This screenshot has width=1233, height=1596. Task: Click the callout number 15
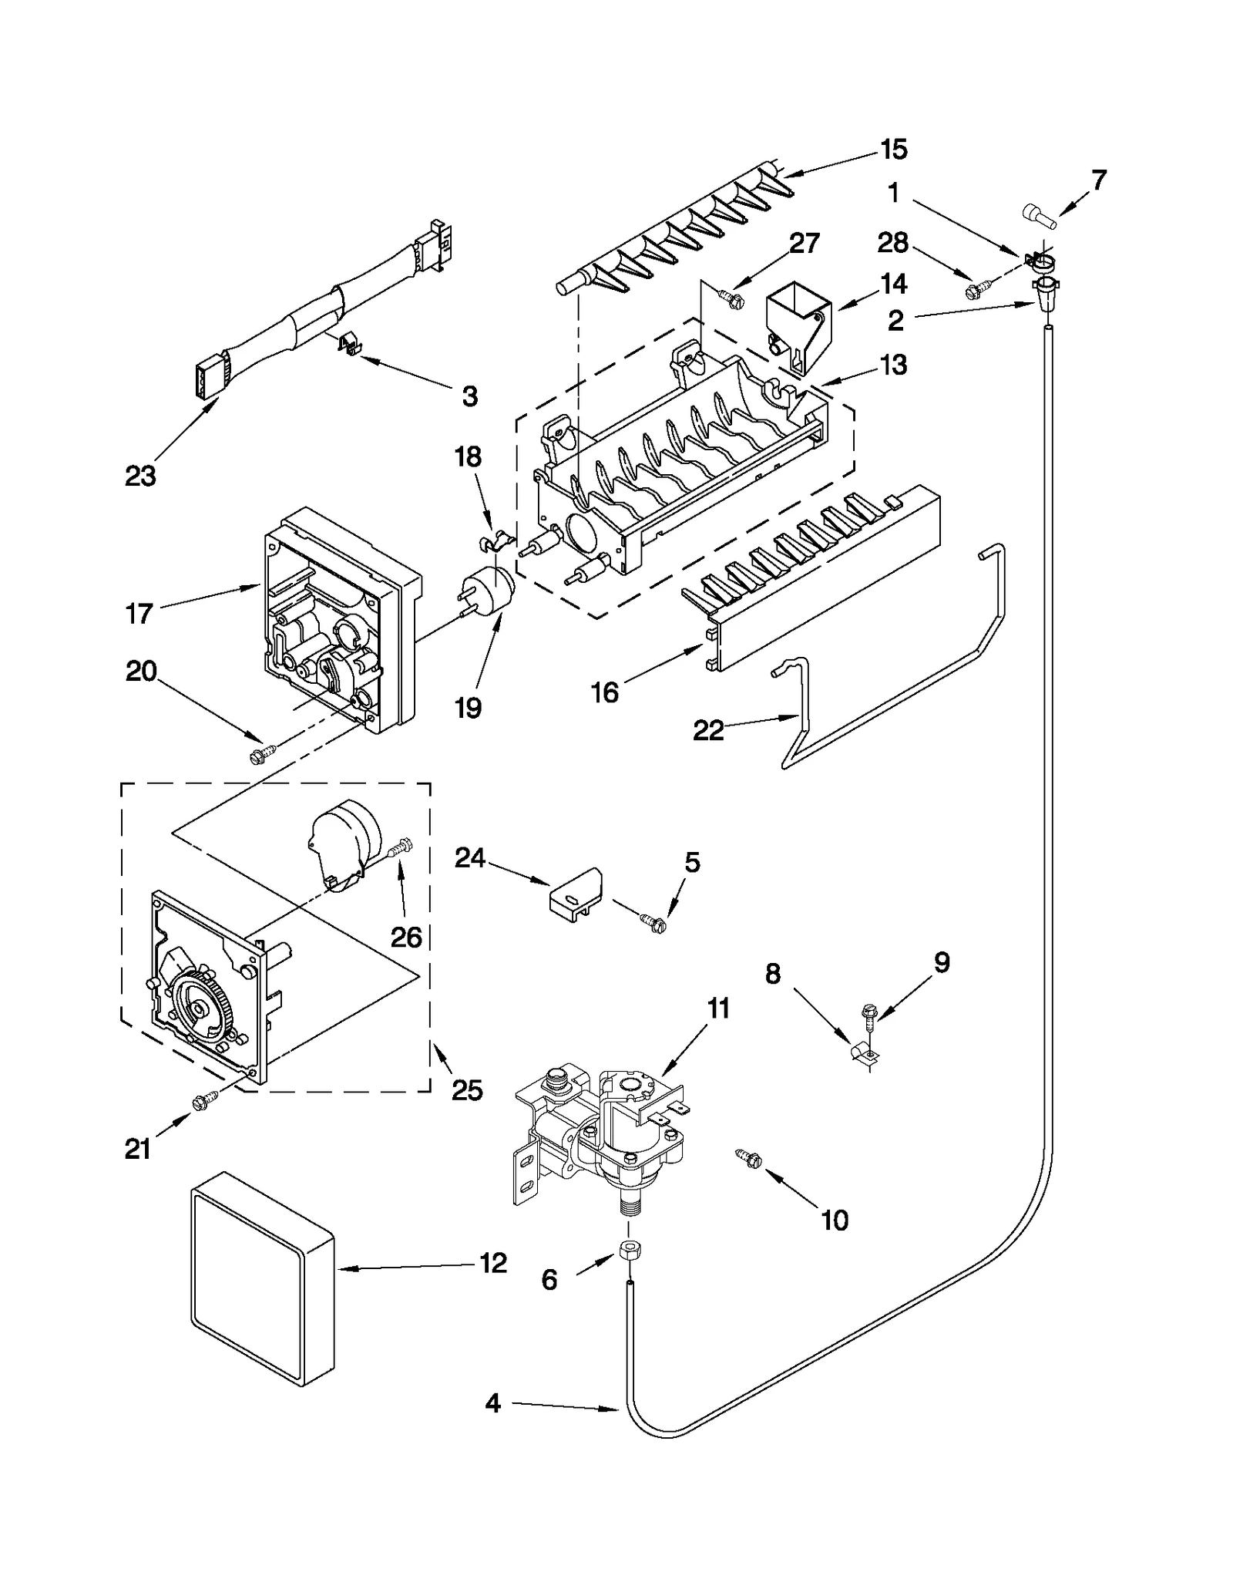click(894, 149)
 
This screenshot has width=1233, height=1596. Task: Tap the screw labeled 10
click(749, 1179)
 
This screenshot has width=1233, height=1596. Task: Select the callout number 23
click(140, 476)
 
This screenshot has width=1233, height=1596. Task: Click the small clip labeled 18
click(494, 540)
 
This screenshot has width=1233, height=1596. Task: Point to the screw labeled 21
click(205, 1104)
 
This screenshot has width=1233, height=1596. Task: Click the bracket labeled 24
click(574, 894)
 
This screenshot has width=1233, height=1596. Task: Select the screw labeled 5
click(653, 921)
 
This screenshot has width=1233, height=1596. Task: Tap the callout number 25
click(467, 1089)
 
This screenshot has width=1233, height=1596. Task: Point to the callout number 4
click(492, 1403)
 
